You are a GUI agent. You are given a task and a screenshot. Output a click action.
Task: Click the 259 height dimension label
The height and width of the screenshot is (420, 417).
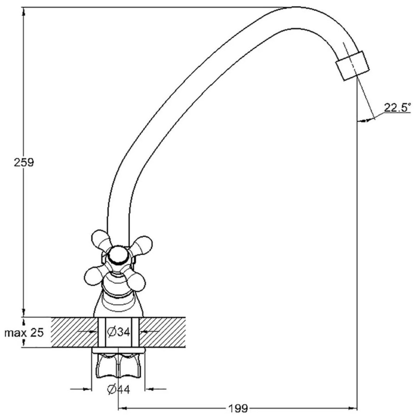tap(24, 162)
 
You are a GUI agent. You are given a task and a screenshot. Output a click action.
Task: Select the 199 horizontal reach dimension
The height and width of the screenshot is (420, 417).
tap(237, 408)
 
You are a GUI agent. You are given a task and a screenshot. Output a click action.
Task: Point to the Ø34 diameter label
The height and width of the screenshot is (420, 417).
tap(118, 332)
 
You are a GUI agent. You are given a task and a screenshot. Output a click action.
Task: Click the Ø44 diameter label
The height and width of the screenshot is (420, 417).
tap(118, 390)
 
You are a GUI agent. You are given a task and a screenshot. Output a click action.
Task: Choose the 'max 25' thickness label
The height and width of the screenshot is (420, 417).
tap(24, 333)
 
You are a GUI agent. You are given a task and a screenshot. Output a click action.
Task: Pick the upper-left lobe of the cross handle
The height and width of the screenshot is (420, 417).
tap(101, 238)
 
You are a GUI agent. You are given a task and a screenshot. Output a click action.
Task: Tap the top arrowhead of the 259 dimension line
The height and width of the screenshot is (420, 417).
tap(24, 11)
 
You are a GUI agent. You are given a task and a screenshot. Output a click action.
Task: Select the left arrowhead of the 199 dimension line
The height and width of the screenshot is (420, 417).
tap(122, 408)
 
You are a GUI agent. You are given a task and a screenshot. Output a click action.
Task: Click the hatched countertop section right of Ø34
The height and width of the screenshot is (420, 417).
tap(163, 332)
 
